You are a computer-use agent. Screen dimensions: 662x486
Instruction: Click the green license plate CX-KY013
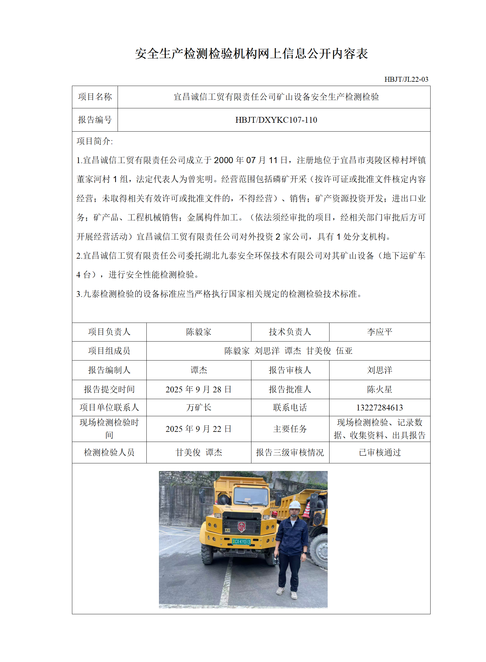click(x=241, y=542)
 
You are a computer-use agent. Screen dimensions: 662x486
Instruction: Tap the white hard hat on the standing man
click(x=294, y=505)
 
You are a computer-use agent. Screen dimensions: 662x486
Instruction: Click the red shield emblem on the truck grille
click(x=242, y=526)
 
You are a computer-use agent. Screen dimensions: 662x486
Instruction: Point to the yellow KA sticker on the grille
click(x=227, y=530)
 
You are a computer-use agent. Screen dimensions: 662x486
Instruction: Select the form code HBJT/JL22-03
click(x=406, y=80)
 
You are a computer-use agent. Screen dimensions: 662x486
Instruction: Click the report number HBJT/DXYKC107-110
click(x=276, y=120)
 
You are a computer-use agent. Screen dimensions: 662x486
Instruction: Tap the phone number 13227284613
click(x=379, y=408)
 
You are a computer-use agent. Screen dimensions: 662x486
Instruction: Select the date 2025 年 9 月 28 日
click(x=198, y=389)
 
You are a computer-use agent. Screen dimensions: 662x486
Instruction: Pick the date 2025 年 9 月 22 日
click(x=198, y=429)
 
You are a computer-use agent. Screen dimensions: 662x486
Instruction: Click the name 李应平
click(x=379, y=332)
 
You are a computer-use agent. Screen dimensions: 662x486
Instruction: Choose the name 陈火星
click(x=379, y=389)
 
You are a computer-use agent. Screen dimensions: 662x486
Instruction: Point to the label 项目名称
click(x=95, y=97)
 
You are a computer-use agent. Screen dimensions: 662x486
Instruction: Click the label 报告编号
click(x=95, y=120)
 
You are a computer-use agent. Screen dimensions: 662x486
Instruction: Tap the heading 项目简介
click(x=95, y=141)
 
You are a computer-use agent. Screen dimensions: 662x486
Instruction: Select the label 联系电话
click(x=290, y=408)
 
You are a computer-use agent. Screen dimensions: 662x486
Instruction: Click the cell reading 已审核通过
click(x=379, y=452)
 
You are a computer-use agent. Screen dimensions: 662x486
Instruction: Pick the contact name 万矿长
click(x=198, y=408)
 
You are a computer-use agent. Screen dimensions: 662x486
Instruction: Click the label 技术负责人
click(x=290, y=332)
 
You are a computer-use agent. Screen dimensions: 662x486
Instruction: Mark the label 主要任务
click(x=290, y=429)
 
